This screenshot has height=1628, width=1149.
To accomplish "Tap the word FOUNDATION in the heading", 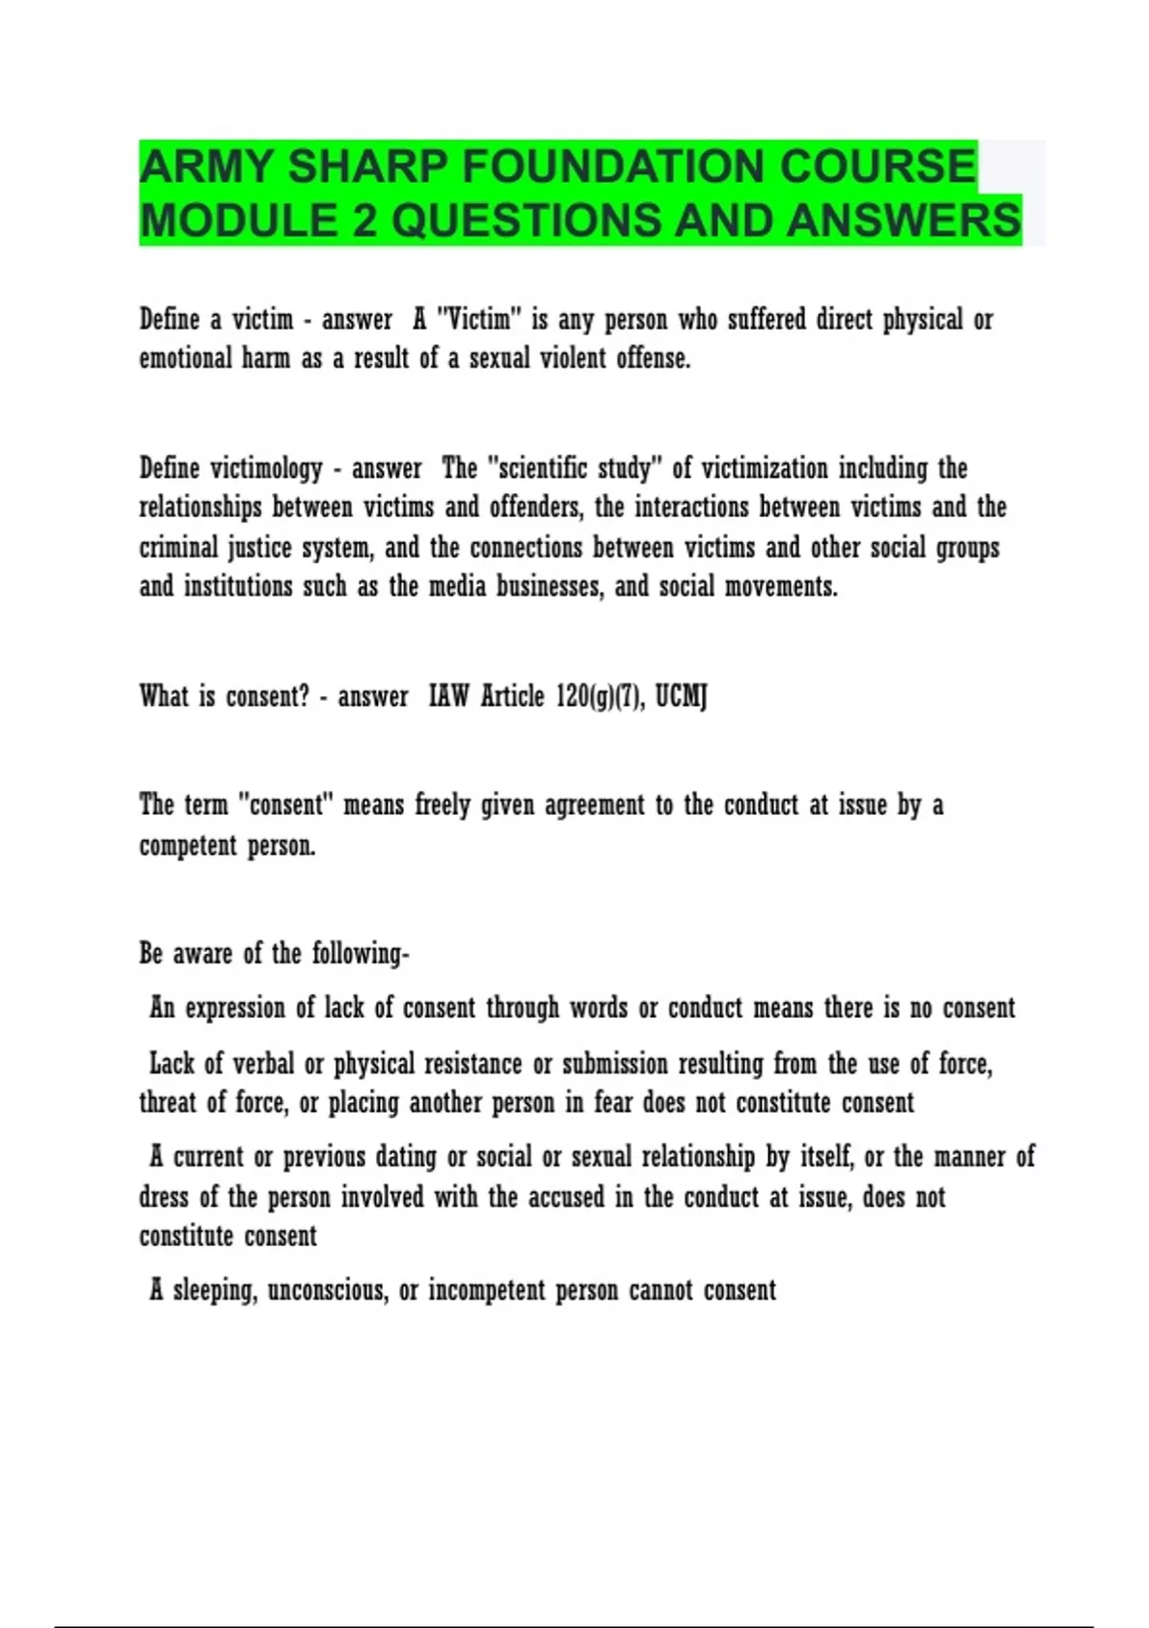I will point(617,167).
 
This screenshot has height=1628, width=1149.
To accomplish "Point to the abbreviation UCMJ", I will point(681,696).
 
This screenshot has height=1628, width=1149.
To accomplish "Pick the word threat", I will point(168,1102).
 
